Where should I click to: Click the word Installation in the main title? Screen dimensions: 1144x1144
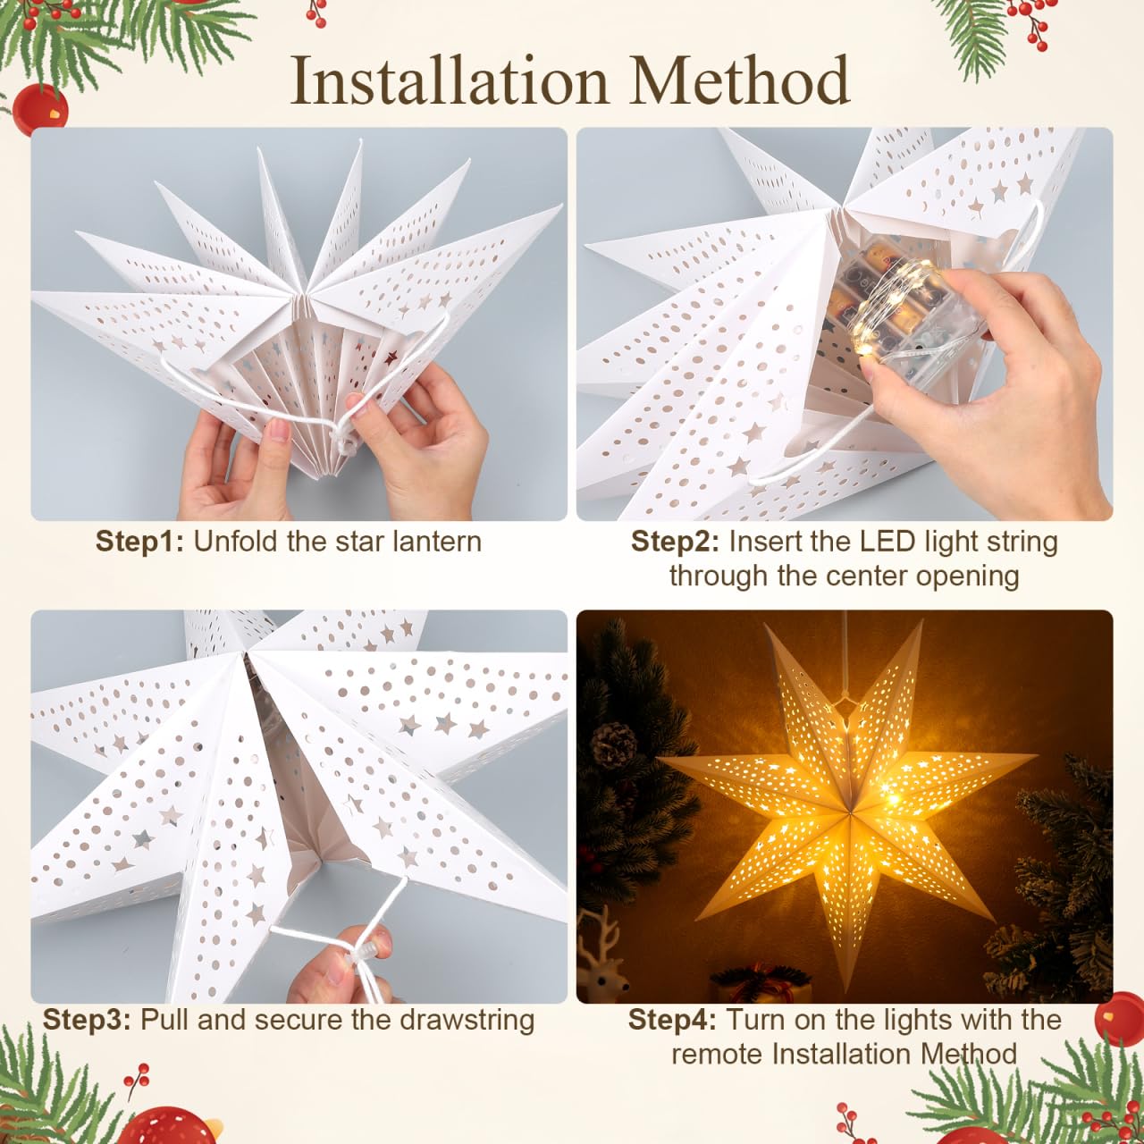[450, 80]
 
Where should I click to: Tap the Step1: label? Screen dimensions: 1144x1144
[140, 542]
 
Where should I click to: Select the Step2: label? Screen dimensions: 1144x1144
[675, 542]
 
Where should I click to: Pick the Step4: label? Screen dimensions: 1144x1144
[673, 1020]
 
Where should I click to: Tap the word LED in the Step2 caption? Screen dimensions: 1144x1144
[874, 542]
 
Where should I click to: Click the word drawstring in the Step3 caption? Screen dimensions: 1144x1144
[467, 1020]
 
